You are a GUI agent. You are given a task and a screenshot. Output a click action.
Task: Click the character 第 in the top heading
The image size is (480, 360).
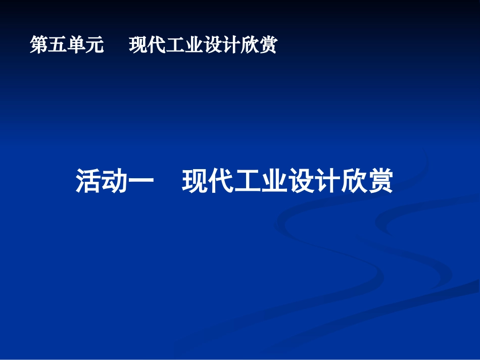tap(39, 45)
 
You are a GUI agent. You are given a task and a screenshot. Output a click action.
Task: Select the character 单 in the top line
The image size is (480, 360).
tap(76, 45)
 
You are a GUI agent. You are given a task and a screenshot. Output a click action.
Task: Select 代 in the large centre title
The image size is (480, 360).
tap(221, 181)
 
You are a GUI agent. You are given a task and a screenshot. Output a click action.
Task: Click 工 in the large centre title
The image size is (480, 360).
tap(248, 181)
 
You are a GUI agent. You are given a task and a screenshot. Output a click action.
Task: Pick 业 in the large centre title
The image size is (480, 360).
tap(274, 181)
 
